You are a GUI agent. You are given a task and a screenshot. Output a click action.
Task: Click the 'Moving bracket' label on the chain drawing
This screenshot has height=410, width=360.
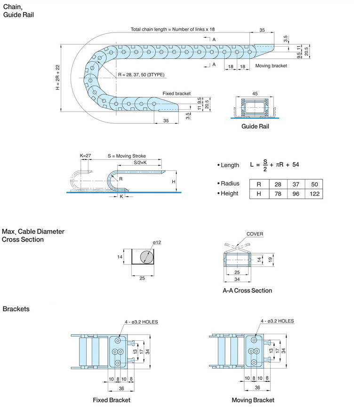tap(271, 66)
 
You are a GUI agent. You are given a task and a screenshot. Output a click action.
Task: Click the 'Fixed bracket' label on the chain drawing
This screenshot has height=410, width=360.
tap(176, 94)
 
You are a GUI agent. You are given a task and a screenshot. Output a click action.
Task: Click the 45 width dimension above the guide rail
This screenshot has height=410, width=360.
tap(255, 94)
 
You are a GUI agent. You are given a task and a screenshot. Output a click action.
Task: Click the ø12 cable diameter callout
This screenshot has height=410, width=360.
tap(157, 243)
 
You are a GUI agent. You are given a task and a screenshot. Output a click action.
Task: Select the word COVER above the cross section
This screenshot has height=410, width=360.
tap(255, 234)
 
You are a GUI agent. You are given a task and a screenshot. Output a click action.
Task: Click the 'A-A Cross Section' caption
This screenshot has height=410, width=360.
tap(247, 290)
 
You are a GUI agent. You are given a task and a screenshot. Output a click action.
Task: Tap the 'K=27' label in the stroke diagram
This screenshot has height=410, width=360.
tap(85, 155)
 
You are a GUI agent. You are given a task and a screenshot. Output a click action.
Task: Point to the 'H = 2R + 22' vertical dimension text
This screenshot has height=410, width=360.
tap(58, 77)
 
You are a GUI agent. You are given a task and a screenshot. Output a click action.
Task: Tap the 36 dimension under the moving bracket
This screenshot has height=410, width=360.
tap(257, 387)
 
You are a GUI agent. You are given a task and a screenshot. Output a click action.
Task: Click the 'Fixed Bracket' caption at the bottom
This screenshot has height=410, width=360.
tap(112, 400)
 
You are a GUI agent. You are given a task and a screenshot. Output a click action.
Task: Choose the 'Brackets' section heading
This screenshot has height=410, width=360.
tap(16, 309)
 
